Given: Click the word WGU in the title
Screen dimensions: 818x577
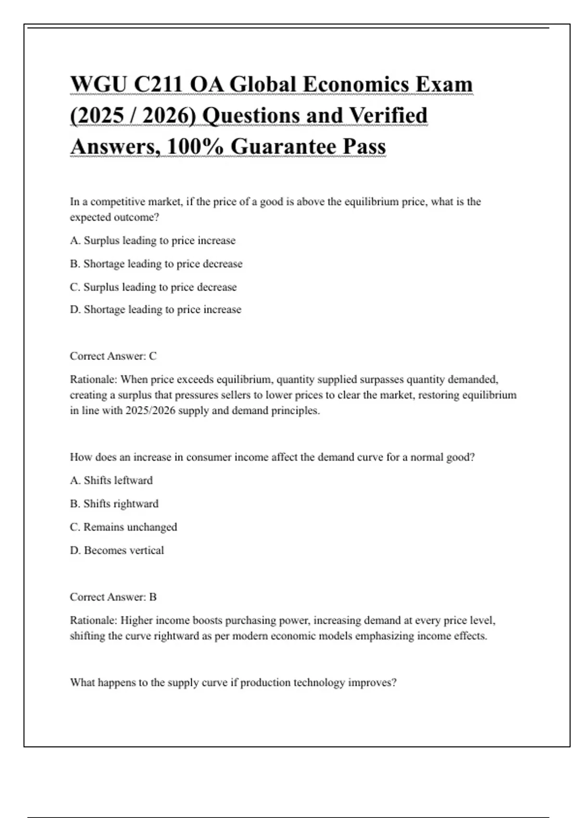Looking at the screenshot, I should pyautogui.click(x=99, y=85).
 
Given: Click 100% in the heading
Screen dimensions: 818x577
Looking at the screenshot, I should pyautogui.click(x=195, y=147).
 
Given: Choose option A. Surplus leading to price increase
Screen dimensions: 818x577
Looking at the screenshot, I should pyautogui.click(x=152, y=241).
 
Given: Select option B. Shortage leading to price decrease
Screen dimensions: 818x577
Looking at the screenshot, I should pyautogui.click(x=156, y=264).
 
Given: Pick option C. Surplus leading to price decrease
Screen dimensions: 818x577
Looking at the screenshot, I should pyautogui.click(x=153, y=287).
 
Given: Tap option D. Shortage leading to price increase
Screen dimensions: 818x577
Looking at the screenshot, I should pyautogui.click(x=155, y=309).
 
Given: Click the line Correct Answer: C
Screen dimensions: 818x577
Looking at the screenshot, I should pyautogui.click(x=113, y=356).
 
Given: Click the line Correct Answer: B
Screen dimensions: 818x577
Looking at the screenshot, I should pyautogui.click(x=113, y=597).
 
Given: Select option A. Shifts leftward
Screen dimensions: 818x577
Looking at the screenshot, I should pyautogui.click(x=111, y=480).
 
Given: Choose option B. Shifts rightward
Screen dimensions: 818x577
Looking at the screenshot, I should pyautogui.click(x=114, y=504).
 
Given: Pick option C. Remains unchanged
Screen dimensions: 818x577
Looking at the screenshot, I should pyautogui.click(x=123, y=527).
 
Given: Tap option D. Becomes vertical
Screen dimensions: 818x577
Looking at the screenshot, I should pyautogui.click(x=117, y=550).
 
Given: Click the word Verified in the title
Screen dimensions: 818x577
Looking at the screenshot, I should pyautogui.click(x=388, y=116).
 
